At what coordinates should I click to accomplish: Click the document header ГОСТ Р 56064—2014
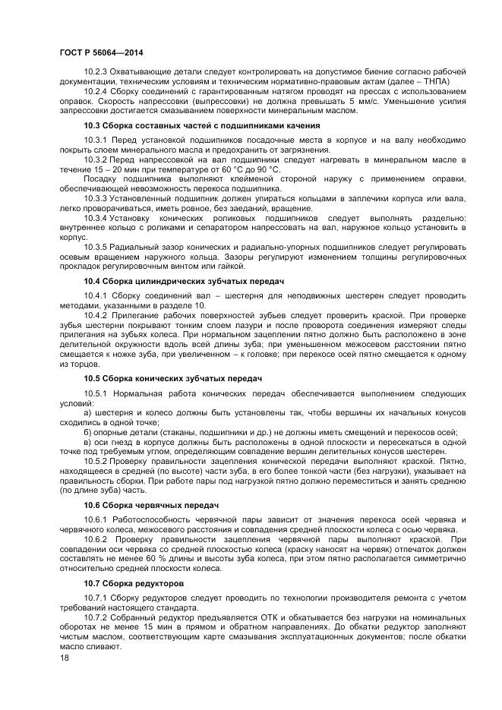pyautogui.click(x=101, y=52)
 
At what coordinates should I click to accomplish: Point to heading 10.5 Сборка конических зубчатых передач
pyautogui.click(x=172, y=377)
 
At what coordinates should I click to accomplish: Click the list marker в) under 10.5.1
pyautogui.click(x=88, y=440)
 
